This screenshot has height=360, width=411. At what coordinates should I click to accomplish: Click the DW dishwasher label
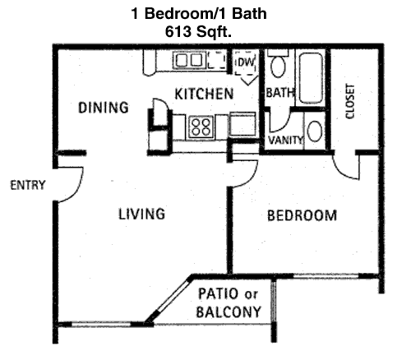(x=246, y=62)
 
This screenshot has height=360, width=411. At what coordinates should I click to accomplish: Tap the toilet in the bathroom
(x=278, y=63)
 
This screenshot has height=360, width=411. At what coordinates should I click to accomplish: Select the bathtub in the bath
(x=311, y=78)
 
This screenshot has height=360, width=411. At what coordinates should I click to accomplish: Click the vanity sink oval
(x=314, y=131)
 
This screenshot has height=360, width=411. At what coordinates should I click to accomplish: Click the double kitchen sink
(x=189, y=60)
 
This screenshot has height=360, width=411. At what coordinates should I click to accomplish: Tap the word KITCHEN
(x=204, y=94)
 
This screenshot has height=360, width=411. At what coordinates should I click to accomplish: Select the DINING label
(x=104, y=108)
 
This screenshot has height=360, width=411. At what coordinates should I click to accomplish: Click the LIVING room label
(x=142, y=214)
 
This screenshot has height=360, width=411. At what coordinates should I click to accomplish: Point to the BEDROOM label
(x=302, y=215)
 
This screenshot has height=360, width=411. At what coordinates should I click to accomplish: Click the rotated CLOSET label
(x=350, y=101)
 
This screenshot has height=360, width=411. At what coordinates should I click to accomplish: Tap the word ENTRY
(x=27, y=185)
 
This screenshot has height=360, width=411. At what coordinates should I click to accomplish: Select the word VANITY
(x=285, y=141)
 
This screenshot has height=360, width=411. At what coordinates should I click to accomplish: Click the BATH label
(x=280, y=93)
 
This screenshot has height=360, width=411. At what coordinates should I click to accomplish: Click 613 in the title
(x=178, y=32)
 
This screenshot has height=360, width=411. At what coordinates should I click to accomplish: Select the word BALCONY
(x=229, y=312)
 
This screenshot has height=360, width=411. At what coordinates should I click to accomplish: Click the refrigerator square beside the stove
(x=242, y=124)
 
